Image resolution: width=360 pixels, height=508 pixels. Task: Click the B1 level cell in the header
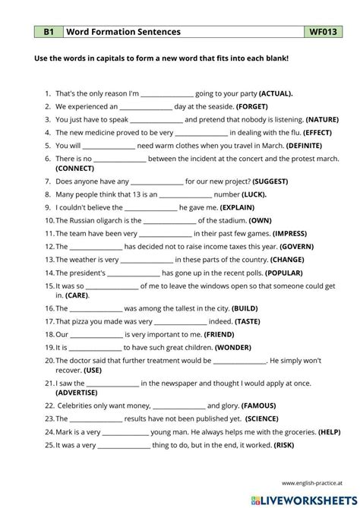pos(48,32)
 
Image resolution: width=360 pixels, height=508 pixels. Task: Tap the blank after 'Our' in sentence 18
pos(98,334)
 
